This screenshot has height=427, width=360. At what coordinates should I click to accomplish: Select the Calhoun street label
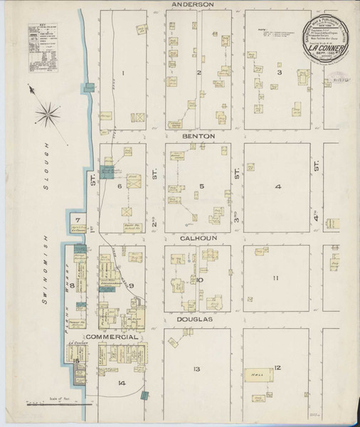tap(194, 240)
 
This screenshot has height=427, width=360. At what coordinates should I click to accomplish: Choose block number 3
tap(280, 73)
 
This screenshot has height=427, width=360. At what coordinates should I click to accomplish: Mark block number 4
tap(278, 187)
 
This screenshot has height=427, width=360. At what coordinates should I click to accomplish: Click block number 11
tap(277, 278)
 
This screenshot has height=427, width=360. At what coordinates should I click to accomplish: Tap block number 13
tap(195, 369)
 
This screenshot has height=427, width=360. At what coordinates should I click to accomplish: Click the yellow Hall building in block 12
tap(255, 375)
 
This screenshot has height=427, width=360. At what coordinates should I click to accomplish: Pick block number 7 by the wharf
tap(79, 219)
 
